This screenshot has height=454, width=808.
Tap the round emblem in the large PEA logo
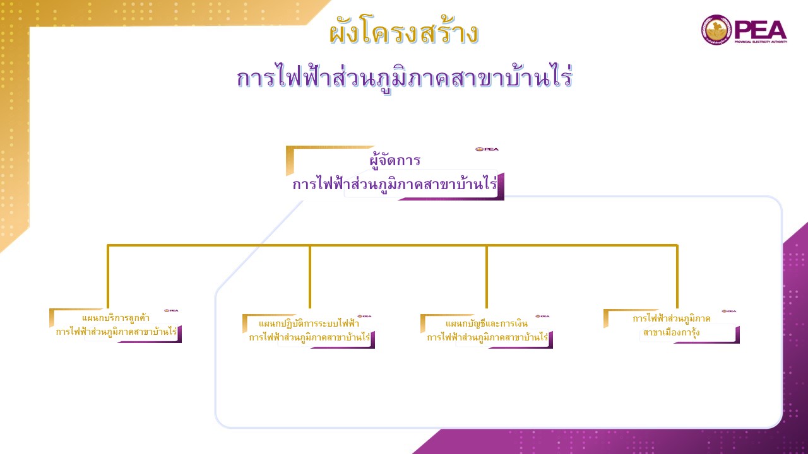(x=716, y=30)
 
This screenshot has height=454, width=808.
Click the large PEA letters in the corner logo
(x=761, y=30)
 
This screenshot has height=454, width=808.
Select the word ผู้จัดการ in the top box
(x=395, y=160)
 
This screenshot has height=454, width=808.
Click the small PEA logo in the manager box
(x=487, y=149)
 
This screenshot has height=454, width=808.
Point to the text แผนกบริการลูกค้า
(x=116, y=318)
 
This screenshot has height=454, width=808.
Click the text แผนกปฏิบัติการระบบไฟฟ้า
(x=309, y=323)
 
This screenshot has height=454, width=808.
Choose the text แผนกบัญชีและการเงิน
(x=486, y=323)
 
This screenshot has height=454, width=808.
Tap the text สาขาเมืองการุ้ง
(x=671, y=332)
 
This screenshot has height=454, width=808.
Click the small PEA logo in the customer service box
(x=171, y=310)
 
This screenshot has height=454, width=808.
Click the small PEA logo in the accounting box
(x=542, y=316)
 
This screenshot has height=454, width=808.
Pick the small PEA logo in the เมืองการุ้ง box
(x=728, y=311)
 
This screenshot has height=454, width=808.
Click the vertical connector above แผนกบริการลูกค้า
(x=108, y=277)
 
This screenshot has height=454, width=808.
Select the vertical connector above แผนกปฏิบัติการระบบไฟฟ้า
(x=309, y=277)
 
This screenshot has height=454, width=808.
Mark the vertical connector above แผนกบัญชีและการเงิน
(x=487, y=277)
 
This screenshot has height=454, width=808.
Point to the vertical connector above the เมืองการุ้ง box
(x=677, y=277)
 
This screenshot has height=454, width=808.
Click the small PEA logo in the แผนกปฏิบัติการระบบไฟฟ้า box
(x=364, y=316)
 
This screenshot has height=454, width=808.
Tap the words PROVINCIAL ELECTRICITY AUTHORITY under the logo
(x=761, y=42)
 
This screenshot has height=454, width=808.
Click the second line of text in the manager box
(x=395, y=185)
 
